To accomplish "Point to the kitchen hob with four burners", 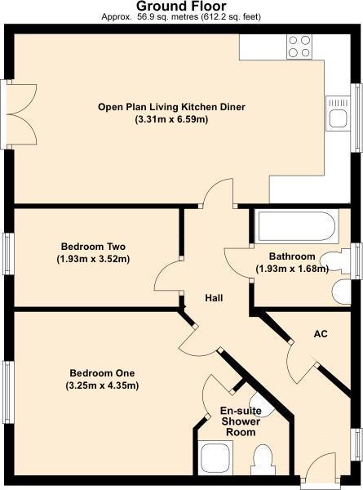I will [x=299, y=46].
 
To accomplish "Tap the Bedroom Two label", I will [x=93, y=246].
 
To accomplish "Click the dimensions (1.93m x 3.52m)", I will [x=93, y=259].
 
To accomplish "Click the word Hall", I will [x=213, y=299].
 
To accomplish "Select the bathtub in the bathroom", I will [x=295, y=225].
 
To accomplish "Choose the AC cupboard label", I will [x=321, y=333].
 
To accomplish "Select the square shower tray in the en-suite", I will [x=215, y=457].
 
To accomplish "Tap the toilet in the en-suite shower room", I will [x=263, y=459].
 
